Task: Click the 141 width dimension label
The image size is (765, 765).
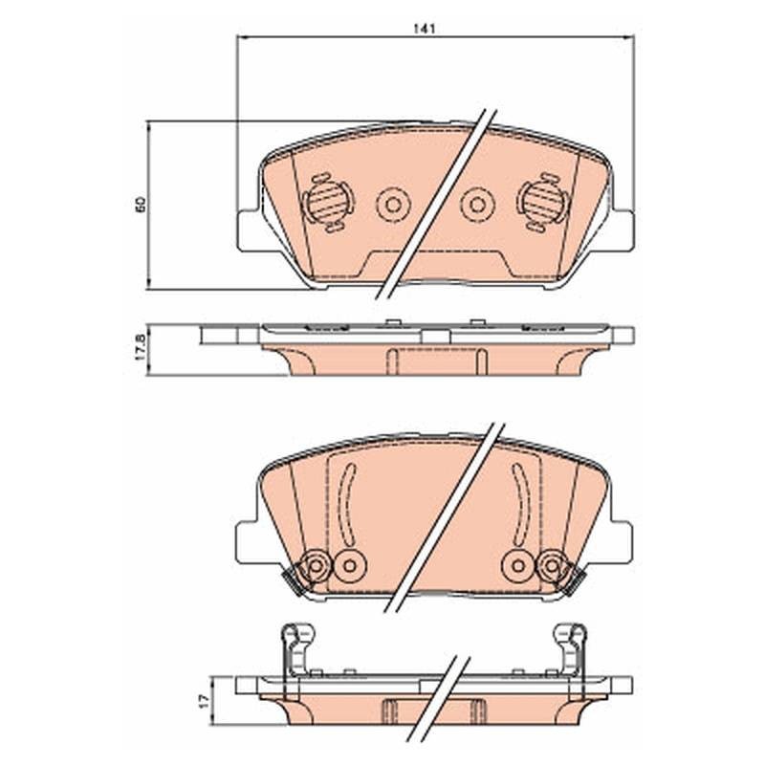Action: [424, 29]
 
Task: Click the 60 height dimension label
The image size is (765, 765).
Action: [141, 204]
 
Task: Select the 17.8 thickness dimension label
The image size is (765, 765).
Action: [141, 347]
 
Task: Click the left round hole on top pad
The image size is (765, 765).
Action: [393, 205]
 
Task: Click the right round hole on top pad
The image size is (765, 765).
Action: [477, 205]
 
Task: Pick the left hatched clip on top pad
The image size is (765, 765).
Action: [328, 203]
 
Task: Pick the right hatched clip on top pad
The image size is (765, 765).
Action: [542, 202]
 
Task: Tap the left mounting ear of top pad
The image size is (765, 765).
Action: [248, 230]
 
